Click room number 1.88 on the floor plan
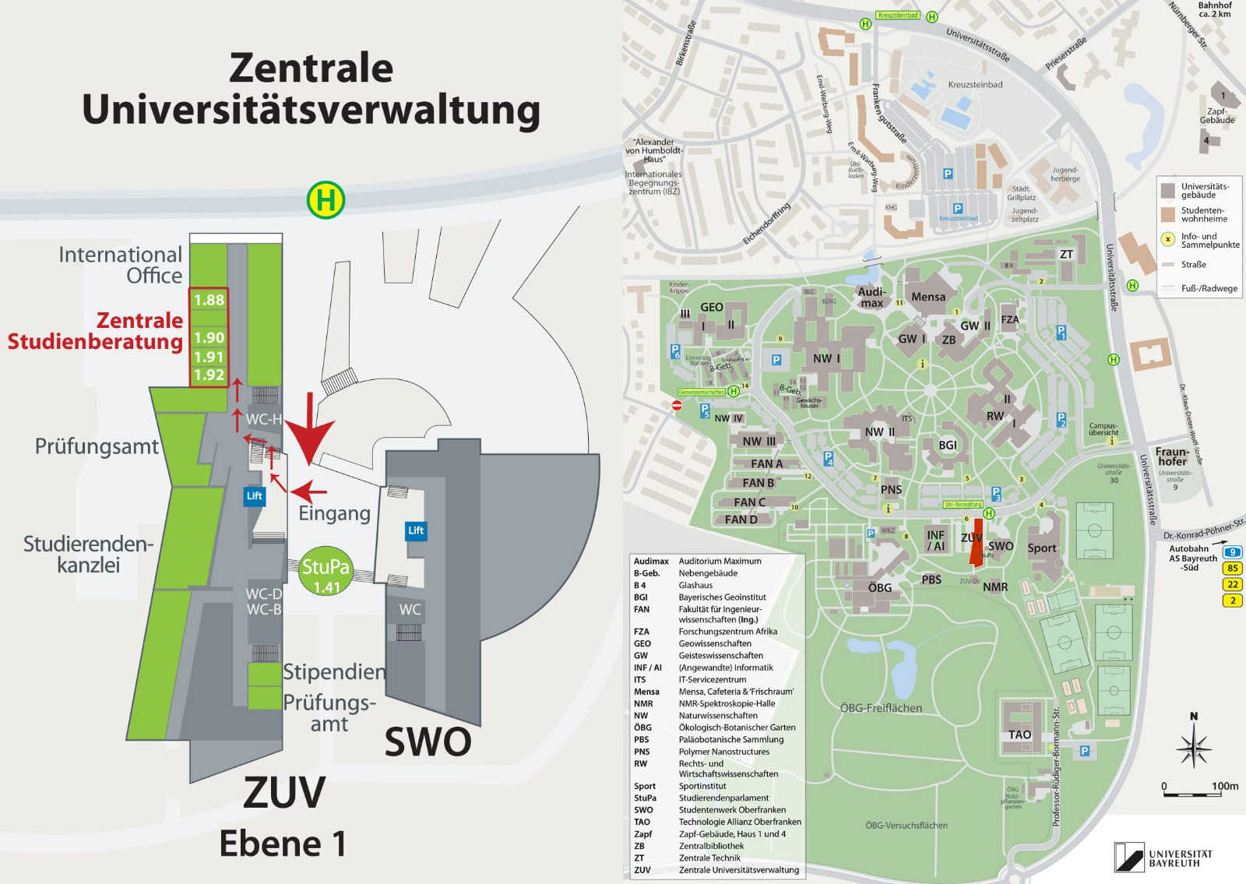click(209, 300)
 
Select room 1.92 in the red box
click(209, 375)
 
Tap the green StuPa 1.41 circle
click(326, 573)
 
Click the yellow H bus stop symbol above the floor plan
click(326, 200)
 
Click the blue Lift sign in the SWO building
click(416, 530)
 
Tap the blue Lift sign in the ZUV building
click(255, 495)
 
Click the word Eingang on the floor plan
click(334, 513)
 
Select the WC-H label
click(263, 420)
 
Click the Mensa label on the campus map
click(928, 297)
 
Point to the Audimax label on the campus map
click(871, 297)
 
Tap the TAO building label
click(1019, 734)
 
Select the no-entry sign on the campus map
click(677, 405)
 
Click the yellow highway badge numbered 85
click(1232, 568)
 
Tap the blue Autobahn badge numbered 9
click(1232, 552)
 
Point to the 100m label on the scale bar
click(1224, 786)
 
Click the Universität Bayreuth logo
click(1163, 857)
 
